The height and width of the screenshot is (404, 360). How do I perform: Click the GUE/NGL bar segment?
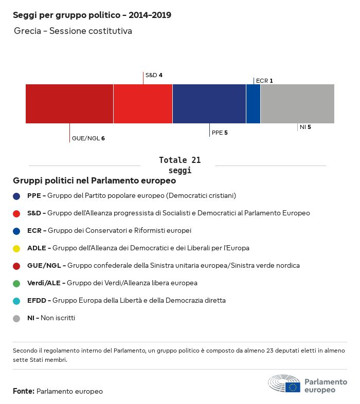pos(69,104)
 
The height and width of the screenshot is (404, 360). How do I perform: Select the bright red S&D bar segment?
pos(143,104)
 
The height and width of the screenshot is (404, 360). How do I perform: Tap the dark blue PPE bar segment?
pos(209,104)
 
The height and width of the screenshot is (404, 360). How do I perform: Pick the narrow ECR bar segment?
pos(253,104)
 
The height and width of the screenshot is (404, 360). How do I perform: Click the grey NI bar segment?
pos(297,104)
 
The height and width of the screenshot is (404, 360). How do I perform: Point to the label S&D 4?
pos(154,75)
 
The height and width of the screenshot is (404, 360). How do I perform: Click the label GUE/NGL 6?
pos(88,138)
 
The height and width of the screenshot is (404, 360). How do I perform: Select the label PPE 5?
pos(220,133)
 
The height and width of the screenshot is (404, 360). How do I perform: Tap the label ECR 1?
pos(264,81)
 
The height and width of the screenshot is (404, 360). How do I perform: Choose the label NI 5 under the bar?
pos(305,127)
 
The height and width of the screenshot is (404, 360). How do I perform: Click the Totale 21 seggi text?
pos(179,165)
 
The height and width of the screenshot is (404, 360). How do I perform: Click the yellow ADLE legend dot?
pos(16,248)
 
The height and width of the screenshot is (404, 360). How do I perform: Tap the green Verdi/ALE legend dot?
pos(16,283)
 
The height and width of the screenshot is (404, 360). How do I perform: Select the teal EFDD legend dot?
pos(16,301)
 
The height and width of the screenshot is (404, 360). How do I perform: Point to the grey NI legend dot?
pos(16,318)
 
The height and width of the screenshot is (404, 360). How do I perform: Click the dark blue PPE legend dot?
pos(16,196)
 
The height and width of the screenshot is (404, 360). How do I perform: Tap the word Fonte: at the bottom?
pos(24,392)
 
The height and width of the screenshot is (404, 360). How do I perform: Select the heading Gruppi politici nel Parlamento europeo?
pos(95,181)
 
